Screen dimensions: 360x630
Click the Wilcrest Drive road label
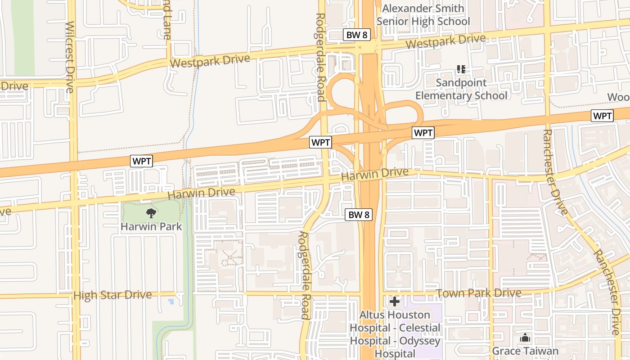tap(70, 57)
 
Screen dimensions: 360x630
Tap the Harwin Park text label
tap(151, 226)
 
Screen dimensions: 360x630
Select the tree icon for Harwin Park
tap(151, 213)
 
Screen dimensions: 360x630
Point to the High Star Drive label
tap(112, 295)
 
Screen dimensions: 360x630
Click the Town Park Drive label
tap(479, 293)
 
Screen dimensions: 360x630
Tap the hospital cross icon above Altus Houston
tap(395, 301)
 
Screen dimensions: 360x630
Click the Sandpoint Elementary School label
tap(461, 89)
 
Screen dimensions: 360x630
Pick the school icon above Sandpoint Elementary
tap(461, 69)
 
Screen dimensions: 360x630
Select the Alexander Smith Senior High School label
tap(423, 15)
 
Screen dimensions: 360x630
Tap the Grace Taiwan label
tap(525, 351)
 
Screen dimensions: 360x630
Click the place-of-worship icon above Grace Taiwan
tap(525, 337)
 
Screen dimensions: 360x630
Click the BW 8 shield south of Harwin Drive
tap(359, 215)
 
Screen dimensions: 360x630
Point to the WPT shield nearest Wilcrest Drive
tap(142, 161)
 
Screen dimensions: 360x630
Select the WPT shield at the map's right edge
tap(602, 116)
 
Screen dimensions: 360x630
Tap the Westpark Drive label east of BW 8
tap(445, 42)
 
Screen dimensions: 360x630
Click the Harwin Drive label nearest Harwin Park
tap(201, 193)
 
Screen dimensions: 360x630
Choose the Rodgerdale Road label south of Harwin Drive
tap(304, 275)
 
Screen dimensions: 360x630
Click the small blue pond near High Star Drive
tap(171, 301)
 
